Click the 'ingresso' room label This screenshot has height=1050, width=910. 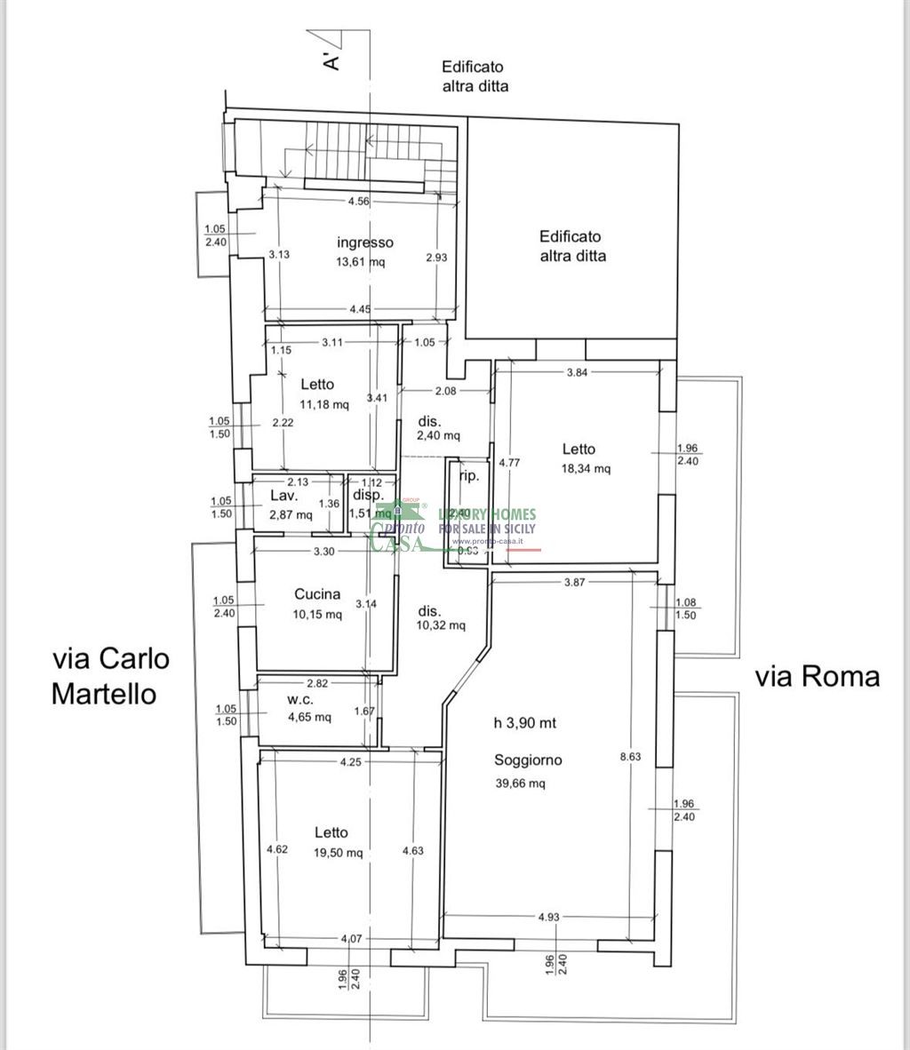pos(364,243)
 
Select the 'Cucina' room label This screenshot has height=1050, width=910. pos(317,595)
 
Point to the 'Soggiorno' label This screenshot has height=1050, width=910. pos(528,760)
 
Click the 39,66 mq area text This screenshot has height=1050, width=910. pos(520,784)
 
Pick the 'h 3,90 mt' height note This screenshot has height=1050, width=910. pos(524,723)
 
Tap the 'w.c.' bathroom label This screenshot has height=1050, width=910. pos(298,700)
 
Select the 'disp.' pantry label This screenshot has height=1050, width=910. pos(367,496)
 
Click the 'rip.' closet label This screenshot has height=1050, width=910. pos(468,476)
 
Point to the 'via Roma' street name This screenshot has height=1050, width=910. pos(818,677)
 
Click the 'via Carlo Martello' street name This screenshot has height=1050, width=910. pos(110,676)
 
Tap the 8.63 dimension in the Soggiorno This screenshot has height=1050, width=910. pos(629,758)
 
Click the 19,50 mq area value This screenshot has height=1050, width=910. pos(338,853)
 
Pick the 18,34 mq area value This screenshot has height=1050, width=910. pos(586,469)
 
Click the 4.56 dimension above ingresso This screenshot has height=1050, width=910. pos(359,202)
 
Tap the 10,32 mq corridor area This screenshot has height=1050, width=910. pos(442,625)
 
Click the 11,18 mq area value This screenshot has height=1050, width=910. pos(324,405)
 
